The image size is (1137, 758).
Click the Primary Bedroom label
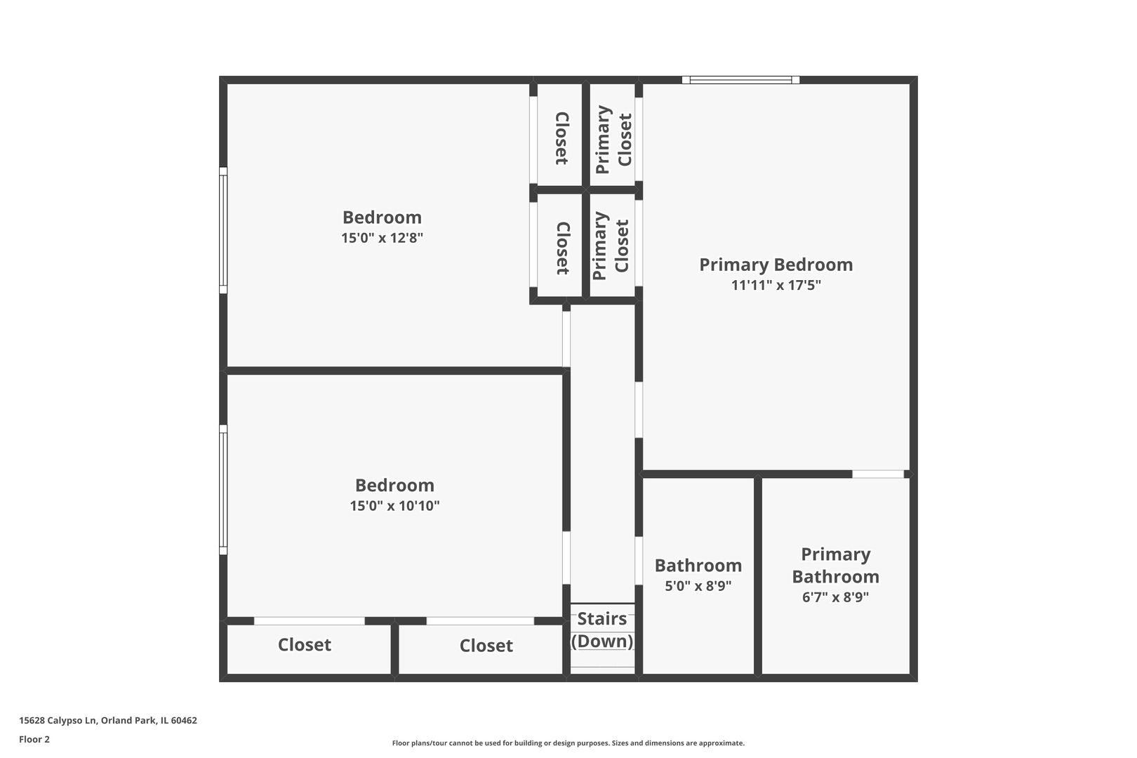(776, 265)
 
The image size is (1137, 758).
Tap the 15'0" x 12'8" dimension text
(382, 238)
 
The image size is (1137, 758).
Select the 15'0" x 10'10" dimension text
(394, 506)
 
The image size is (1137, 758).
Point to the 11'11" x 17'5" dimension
(776, 286)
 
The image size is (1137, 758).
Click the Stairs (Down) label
(602, 630)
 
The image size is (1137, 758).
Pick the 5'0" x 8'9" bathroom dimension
(698, 586)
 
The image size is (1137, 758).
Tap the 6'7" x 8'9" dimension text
(835, 597)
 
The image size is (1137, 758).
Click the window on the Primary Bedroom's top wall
(740, 80)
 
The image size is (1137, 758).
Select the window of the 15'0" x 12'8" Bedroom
(222, 230)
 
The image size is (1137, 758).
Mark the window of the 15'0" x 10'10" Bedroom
(222, 490)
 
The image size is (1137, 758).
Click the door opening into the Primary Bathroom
(877, 474)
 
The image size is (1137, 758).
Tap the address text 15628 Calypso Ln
(58, 720)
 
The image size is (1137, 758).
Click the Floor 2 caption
(34, 739)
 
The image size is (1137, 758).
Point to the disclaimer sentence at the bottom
(568, 743)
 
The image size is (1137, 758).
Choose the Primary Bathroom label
(835, 566)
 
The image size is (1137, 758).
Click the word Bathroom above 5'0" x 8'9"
(698, 566)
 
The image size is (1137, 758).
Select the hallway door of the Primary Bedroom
(639, 410)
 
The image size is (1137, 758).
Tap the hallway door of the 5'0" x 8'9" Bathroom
(639, 561)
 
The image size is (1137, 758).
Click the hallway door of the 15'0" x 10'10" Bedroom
(566, 558)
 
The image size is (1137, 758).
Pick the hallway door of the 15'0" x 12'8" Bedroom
(566, 338)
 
